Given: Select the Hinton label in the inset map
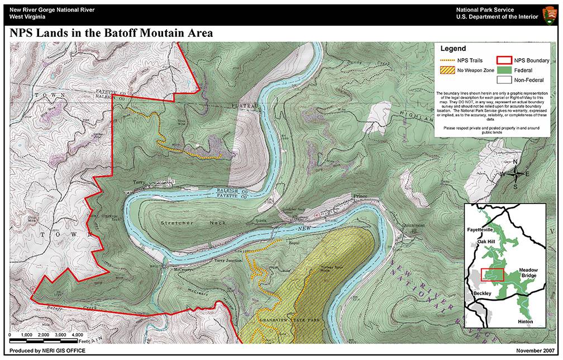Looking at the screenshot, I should (524, 321).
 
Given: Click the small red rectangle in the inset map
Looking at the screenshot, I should (492, 274).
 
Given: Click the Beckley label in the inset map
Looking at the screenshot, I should (482, 293).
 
